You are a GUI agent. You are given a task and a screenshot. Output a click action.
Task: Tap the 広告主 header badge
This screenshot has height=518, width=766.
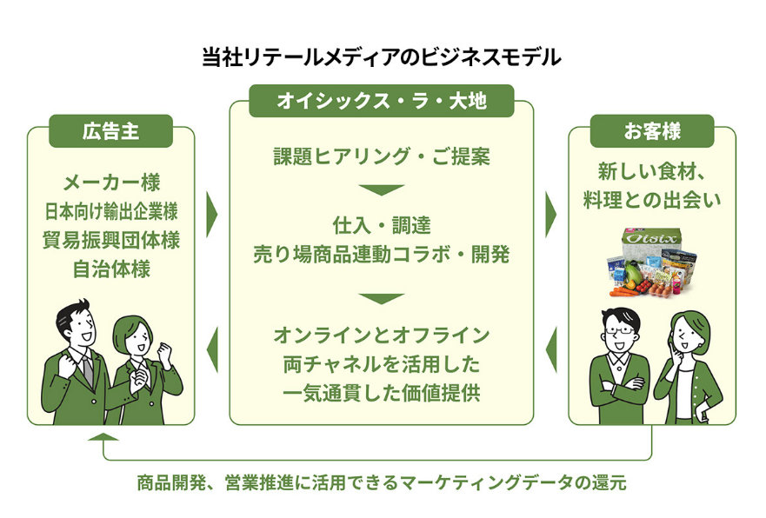click(x=110, y=131)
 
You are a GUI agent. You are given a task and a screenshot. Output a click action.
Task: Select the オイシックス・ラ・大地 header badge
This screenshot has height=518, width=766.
click(x=381, y=101)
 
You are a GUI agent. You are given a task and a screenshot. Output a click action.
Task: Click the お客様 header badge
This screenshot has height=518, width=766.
click(x=651, y=131)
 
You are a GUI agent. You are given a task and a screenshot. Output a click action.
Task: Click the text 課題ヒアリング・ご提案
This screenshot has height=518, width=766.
click(x=381, y=157)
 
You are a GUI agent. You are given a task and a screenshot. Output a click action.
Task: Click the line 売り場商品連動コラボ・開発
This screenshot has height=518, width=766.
click(x=381, y=254)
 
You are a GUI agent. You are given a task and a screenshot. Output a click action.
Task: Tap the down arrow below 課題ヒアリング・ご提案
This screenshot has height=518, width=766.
click(x=381, y=189)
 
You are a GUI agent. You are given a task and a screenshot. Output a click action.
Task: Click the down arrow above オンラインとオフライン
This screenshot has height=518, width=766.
click(x=381, y=298)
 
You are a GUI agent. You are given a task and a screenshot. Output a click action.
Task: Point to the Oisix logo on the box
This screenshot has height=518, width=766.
click(x=652, y=240)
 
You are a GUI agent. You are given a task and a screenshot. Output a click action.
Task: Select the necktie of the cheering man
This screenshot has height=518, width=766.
click(x=87, y=369)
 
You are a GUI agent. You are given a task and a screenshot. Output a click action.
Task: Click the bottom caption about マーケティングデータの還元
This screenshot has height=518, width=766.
click(x=381, y=483)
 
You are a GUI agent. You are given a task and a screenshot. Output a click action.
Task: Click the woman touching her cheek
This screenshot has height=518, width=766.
click(x=687, y=365)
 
